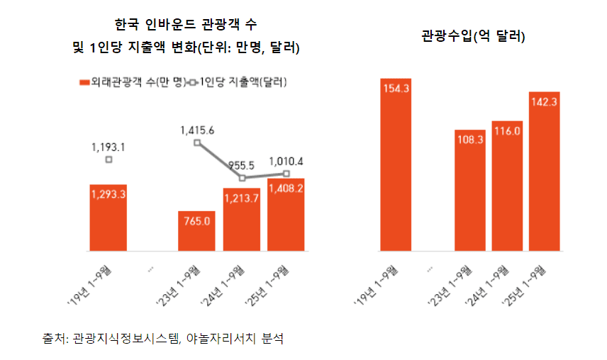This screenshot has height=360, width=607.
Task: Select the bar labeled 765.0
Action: point(196,231)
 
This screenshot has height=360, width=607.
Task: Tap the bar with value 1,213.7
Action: point(241,220)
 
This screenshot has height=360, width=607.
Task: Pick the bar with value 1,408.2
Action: point(286,215)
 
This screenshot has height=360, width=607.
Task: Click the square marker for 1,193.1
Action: point(108,160)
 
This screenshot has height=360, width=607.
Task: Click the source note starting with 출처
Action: point(162,338)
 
